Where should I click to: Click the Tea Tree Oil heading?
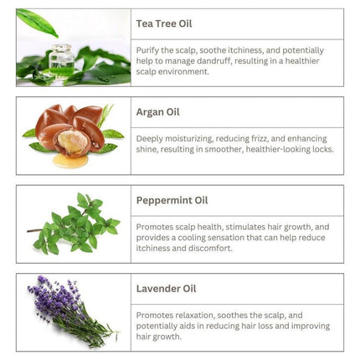tap(164, 23)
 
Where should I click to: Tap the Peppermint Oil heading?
tap(171, 200)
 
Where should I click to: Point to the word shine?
tap(148, 150)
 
